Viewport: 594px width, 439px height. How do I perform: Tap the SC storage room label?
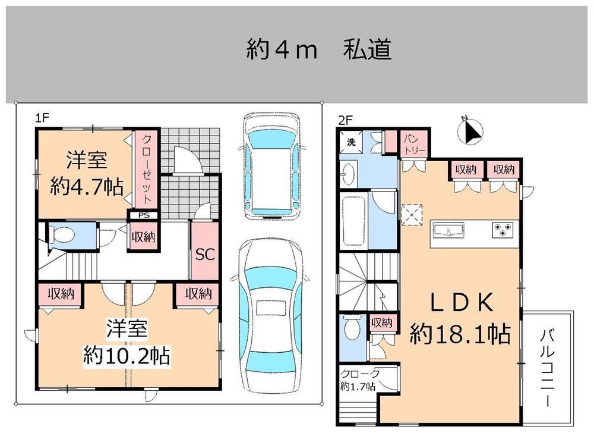[x=205, y=254]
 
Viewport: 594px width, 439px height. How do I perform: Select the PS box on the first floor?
[x=144, y=215]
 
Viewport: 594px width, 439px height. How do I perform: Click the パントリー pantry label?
[x=415, y=143]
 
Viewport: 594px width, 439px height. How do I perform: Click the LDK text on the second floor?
[x=462, y=302]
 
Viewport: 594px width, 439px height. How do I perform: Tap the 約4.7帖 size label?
[x=87, y=187]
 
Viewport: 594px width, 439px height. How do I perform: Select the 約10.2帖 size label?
[x=127, y=355]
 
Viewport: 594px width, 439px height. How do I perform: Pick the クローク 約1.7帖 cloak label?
[x=359, y=380]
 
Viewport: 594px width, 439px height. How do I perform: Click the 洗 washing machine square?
[x=351, y=142]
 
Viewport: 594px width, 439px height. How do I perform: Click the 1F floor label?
[x=42, y=118]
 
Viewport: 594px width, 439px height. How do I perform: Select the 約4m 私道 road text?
[x=320, y=50]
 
